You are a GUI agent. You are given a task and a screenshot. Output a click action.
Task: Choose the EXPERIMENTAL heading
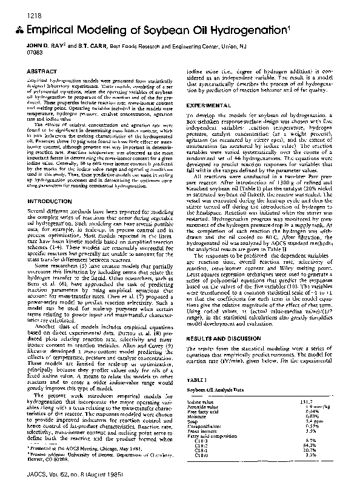click(210, 105)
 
